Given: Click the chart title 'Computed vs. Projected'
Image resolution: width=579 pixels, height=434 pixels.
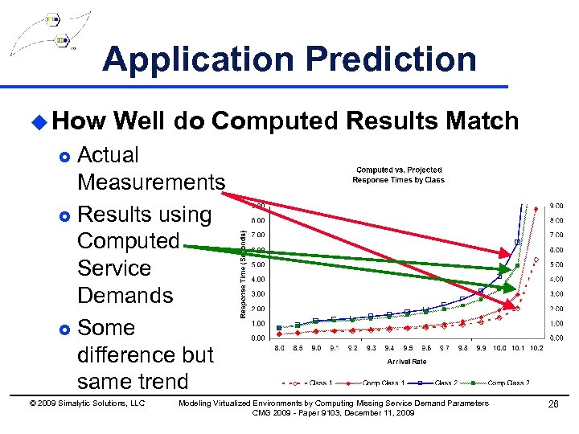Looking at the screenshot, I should point(399,170).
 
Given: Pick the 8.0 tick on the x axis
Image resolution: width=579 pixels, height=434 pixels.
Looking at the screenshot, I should point(279,349).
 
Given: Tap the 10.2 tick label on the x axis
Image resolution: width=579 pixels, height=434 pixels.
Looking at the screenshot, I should point(537,349).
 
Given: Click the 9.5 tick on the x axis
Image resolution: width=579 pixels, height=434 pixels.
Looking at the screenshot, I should point(408,349).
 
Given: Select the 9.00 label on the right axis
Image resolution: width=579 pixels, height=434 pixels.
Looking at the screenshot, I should point(556,205).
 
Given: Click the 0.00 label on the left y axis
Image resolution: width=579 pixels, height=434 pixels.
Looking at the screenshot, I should point(259,338).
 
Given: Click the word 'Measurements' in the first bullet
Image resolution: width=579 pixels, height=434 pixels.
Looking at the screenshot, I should point(150,182).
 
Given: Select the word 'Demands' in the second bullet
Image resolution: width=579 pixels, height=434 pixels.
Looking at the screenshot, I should point(125,295).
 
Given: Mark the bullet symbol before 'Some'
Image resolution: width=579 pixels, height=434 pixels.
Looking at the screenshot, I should point(66,329).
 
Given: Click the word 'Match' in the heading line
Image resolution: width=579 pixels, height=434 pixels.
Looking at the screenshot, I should point(480,121).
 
